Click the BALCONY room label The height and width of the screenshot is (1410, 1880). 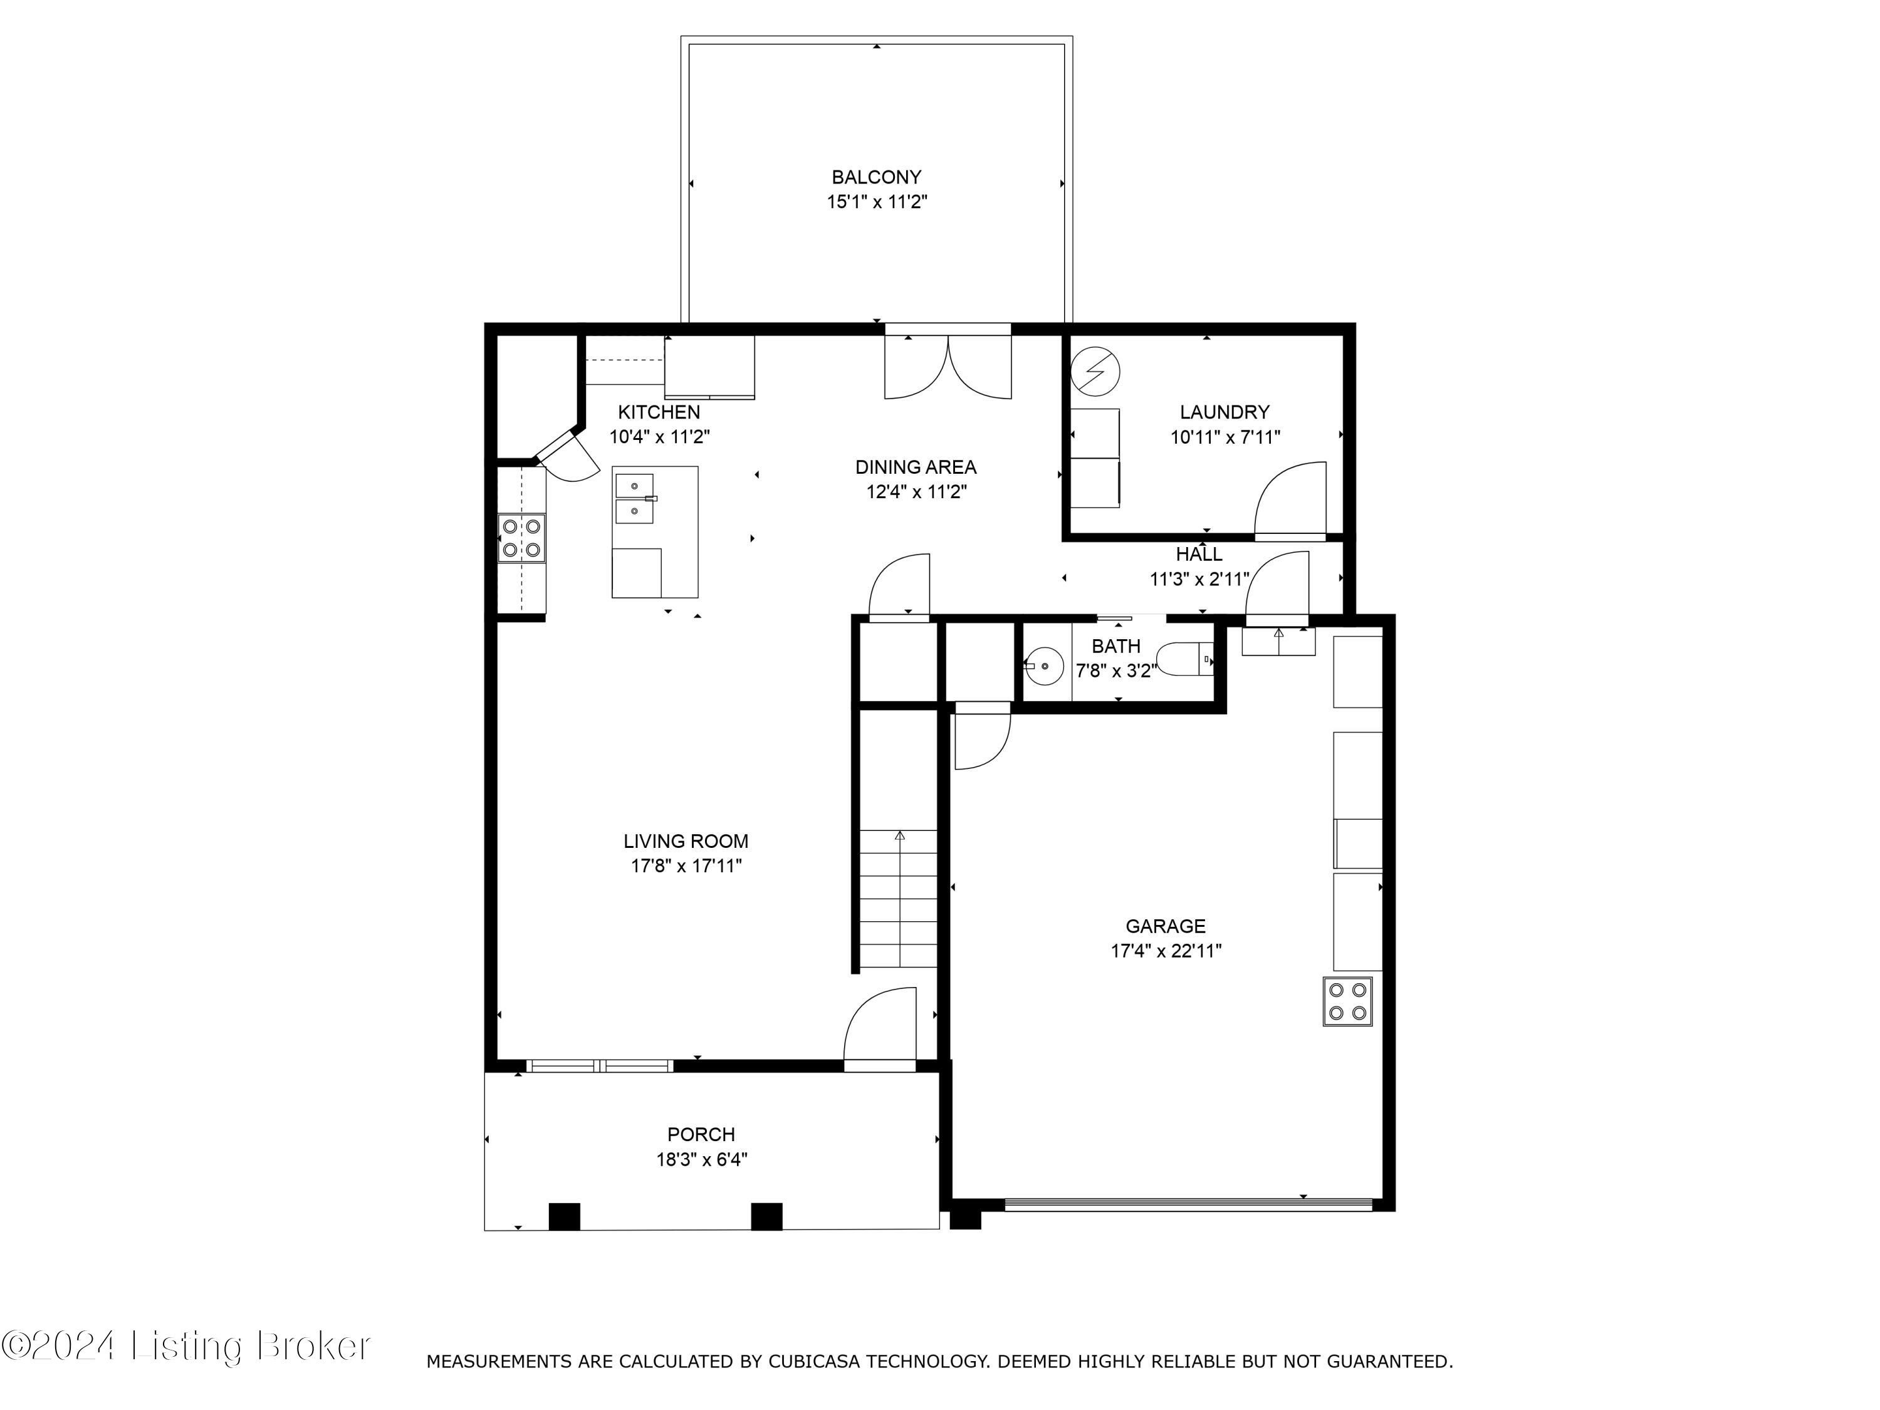pos(876,177)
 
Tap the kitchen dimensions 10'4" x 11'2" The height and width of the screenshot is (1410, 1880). pos(659,437)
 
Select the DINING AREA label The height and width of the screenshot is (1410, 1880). pos(916,467)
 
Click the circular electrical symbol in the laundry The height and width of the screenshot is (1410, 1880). pos(1095,372)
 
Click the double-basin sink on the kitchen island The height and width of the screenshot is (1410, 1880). pos(635,499)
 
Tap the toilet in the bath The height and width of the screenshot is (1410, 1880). pos(1184,659)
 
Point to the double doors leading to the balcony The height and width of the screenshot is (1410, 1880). pos(948,368)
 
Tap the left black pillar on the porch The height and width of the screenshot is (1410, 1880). pos(565,1216)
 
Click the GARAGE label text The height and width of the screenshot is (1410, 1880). pos(1165,926)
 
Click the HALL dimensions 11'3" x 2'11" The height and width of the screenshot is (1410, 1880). pos(1199,580)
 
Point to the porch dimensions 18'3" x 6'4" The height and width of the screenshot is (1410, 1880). pos(701,1159)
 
